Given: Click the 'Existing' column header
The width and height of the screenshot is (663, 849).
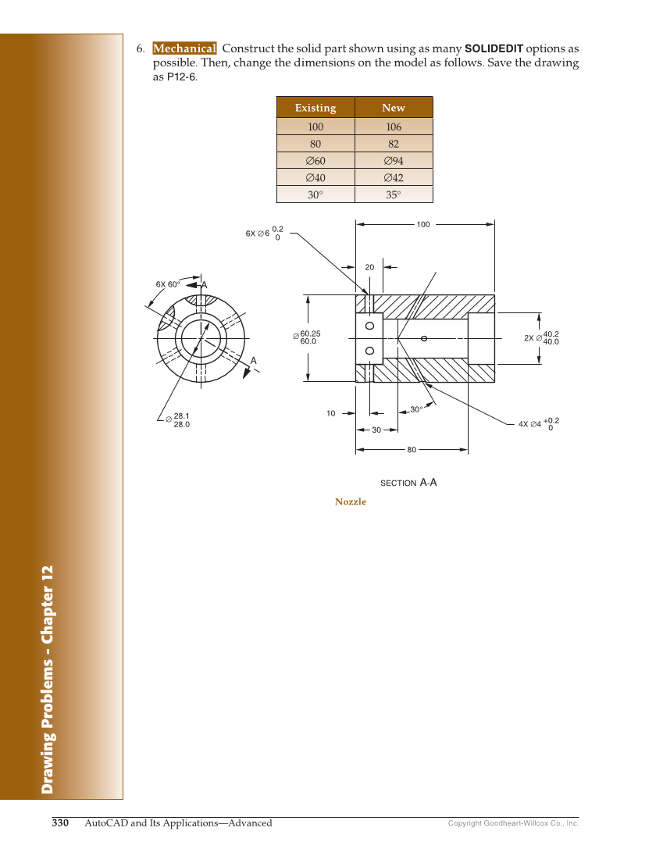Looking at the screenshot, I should (x=315, y=108).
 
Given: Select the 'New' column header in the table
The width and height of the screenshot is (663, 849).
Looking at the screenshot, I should (x=393, y=108).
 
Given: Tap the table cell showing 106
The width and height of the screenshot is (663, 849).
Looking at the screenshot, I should (x=393, y=127).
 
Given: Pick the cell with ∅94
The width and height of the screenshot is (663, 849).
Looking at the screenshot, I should (x=393, y=161).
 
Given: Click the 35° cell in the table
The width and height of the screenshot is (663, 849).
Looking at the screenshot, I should (x=393, y=195).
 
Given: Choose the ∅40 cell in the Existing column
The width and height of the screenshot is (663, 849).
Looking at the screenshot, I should (x=315, y=178).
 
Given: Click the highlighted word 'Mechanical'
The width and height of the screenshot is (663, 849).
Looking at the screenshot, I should (x=184, y=48).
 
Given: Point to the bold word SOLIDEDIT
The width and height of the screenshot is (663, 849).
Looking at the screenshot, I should (x=494, y=48).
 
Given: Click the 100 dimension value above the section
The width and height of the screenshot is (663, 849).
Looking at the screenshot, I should (x=423, y=224).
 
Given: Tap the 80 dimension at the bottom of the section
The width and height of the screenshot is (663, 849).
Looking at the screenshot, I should (x=412, y=450).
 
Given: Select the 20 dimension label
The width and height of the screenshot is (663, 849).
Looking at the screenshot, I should (x=369, y=267).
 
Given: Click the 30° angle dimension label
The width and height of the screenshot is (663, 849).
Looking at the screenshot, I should (x=416, y=409).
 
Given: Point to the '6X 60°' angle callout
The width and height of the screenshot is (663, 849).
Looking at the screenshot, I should (x=167, y=284).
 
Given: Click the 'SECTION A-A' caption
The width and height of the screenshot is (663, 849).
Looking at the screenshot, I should (x=408, y=483).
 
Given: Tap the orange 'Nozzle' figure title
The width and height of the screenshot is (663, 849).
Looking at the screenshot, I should (x=351, y=501).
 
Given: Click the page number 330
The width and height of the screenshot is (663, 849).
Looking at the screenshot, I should (x=61, y=822).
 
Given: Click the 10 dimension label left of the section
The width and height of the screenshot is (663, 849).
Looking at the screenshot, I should (x=331, y=413).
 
